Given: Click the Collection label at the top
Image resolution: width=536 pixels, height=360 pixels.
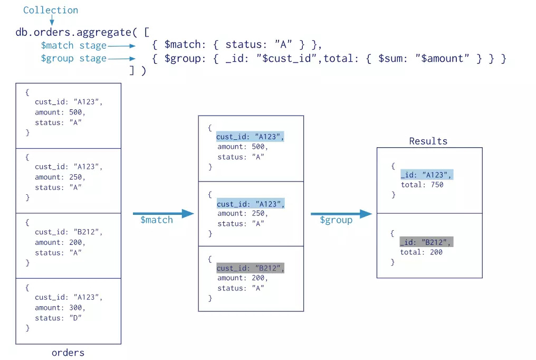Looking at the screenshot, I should click(x=51, y=10).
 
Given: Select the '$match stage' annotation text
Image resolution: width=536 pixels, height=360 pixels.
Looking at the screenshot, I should click(x=74, y=45).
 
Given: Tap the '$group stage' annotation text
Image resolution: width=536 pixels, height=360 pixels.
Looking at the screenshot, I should click(x=74, y=59).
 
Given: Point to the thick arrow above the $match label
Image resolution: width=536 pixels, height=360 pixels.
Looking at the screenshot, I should click(x=164, y=214).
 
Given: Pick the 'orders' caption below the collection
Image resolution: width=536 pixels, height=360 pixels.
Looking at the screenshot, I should click(x=68, y=353).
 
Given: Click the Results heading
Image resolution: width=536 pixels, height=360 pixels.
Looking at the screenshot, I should click(x=428, y=141).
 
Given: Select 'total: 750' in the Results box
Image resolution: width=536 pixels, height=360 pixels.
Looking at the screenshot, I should click(x=422, y=185).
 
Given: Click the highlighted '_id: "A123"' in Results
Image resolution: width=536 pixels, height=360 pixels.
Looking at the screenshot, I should click(x=426, y=175).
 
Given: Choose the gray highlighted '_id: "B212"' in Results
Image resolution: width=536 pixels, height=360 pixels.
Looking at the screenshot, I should click(x=426, y=242).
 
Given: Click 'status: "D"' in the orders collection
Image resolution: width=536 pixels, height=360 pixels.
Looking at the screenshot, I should click(x=59, y=318).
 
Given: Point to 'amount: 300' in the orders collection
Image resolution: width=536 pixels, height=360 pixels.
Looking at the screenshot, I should click(x=60, y=308).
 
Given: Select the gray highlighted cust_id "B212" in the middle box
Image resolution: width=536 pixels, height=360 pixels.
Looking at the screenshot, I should click(x=251, y=268).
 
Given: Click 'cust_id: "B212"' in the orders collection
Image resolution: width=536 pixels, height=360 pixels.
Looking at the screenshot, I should click(x=69, y=232).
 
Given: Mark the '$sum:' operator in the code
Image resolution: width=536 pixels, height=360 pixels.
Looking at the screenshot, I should click(x=394, y=59).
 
